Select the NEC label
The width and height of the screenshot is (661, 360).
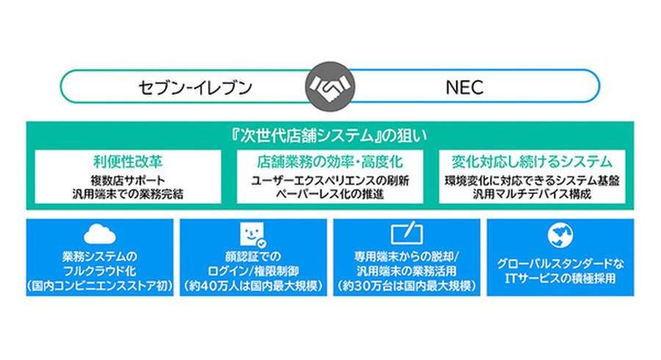[465, 88]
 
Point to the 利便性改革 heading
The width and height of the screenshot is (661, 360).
[129, 161]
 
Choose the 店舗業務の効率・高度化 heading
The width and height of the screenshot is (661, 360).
[330, 161]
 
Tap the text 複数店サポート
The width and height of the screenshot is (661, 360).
[129, 180]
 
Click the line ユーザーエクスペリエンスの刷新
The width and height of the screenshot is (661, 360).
[330, 180]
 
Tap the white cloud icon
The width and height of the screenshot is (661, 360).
[100, 234]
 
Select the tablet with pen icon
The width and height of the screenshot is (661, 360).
[407, 234]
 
